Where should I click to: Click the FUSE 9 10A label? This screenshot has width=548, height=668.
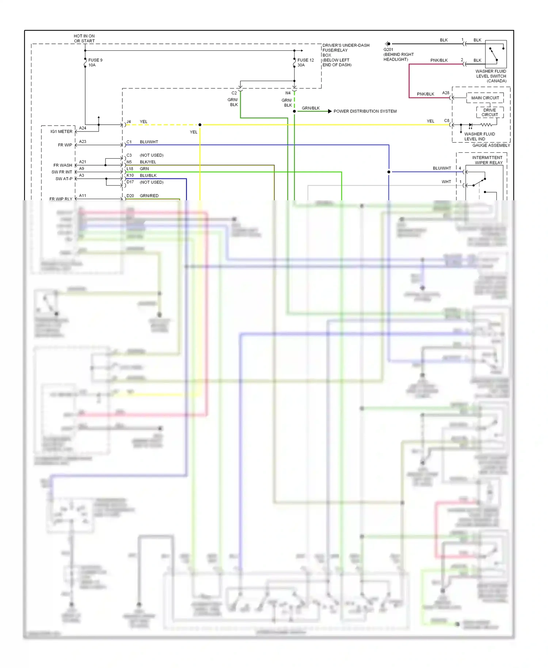pos(95,62)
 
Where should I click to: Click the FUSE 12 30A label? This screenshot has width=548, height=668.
pos(305,62)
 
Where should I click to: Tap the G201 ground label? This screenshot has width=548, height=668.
pos(388,49)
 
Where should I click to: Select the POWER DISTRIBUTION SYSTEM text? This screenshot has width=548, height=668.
pos(365,111)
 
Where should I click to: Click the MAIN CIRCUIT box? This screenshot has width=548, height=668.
pos(485,98)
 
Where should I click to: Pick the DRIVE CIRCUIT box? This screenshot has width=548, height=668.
pos(490,112)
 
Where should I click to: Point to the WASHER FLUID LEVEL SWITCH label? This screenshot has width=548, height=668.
pos(491,76)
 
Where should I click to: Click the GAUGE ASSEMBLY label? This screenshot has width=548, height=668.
pos(491,145)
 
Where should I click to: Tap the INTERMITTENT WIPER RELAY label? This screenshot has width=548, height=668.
pos(487,160)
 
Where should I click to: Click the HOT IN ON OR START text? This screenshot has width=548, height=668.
pos(84,38)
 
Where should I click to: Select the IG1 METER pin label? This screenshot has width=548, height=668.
pos(61,132)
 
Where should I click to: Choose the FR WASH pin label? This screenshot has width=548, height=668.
pos(63,165)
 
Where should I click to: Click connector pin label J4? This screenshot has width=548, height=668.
pos(129,122)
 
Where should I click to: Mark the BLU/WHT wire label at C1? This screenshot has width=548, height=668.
pos(149,142)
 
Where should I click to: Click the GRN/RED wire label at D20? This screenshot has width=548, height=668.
pos(149,196)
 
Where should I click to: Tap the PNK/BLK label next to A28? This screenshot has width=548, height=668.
pos(425,94)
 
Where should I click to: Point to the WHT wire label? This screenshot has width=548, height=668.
pos(446,182)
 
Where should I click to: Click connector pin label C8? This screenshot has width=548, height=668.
pos(446,121)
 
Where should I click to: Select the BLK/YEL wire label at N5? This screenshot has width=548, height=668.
pos(148,162)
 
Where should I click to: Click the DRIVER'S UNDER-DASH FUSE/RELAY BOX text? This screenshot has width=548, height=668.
pos(346,55)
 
